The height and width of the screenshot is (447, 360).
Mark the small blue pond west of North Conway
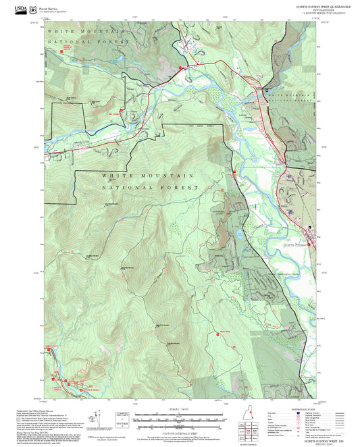tap(240, 235)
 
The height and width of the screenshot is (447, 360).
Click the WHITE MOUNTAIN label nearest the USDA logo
tap(84, 32)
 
